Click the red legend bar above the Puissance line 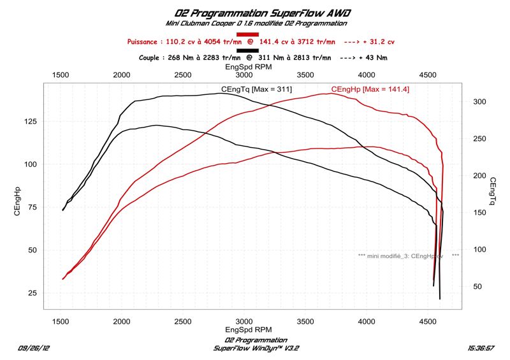(247, 34)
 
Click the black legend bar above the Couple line (247, 50)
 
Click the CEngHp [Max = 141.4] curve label (370, 89)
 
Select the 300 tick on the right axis (480, 102)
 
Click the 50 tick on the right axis (478, 287)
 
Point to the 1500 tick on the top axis (61, 75)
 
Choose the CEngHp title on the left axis (18, 203)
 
